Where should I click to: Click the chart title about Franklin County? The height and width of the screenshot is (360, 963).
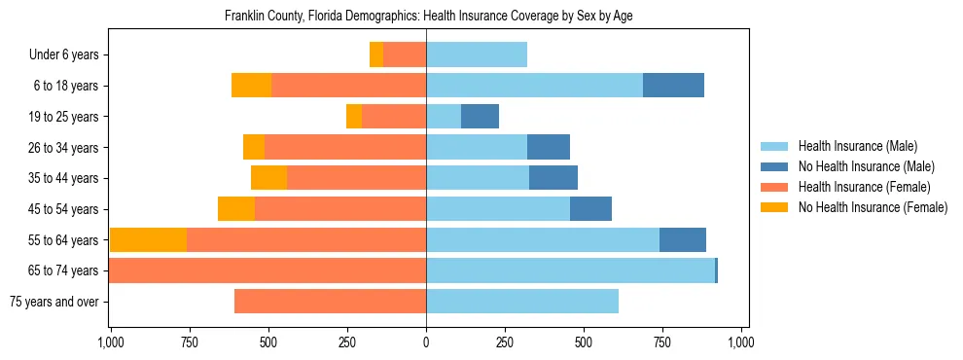pos(429,17)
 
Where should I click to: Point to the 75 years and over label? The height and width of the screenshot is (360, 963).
pos(54,302)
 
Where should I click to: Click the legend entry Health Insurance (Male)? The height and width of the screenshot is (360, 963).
pos(857,146)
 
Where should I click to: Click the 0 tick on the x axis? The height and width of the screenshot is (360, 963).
pos(426,342)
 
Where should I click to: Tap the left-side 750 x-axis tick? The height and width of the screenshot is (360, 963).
pos(189,342)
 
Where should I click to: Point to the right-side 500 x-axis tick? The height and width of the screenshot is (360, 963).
pos(584,342)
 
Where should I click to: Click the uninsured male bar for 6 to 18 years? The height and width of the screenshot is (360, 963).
pos(673,86)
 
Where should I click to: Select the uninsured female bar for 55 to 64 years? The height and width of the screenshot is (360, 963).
pos(148,240)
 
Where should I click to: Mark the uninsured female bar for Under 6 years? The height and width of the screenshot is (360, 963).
pos(376,55)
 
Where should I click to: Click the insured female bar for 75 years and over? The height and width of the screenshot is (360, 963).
pos(330,302)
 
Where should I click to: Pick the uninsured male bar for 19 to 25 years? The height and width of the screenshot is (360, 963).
pos(480,117)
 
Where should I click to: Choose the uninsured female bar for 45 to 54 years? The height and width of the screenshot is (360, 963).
pos(236,209)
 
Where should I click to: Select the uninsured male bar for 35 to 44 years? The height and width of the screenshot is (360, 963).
pos(553,178)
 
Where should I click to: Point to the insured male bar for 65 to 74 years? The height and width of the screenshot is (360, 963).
pos(570,270)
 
